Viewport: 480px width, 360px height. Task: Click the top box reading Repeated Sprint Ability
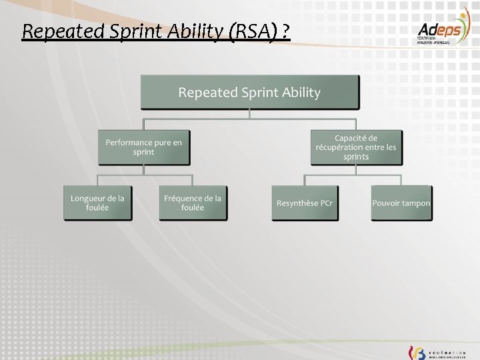coord(249,92)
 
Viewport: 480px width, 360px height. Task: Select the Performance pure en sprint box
coord(144,147)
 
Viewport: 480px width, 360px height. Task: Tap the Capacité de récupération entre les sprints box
coord(356,147)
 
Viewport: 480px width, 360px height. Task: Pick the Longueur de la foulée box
coord(97,203)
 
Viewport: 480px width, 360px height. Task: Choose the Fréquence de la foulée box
coord(193,203)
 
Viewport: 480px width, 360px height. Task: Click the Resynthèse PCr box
coord(305,203)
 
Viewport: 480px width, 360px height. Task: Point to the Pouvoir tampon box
coord(401,203)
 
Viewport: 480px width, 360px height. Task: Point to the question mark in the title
coord(285,31)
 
